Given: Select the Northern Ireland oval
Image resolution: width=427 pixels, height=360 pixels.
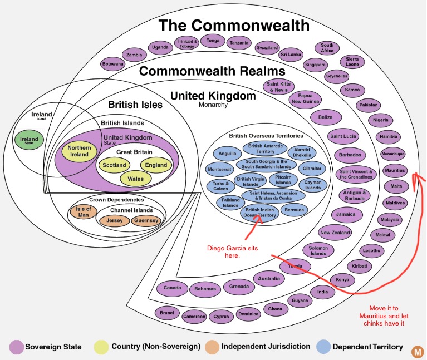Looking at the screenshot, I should [80, 151].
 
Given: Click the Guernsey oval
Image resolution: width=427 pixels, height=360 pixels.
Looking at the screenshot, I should [145, 221].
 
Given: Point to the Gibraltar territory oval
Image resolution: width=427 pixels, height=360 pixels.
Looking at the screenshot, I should [310, 169].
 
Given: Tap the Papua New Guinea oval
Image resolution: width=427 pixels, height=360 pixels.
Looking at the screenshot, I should [305, 98].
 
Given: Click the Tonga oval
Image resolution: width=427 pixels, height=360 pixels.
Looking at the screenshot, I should [213, 41].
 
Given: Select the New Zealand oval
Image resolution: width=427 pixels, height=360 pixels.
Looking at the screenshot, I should [335, 233].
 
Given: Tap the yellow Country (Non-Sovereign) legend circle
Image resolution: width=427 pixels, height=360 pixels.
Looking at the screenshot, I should [101, 347].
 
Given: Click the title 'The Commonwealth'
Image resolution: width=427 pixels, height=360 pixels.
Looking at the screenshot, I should [233, 25].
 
